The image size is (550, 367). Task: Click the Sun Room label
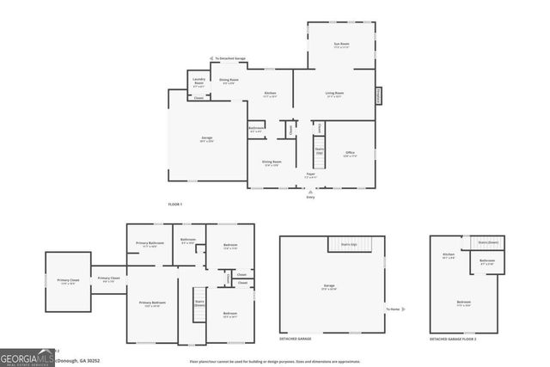(x=341, y=44)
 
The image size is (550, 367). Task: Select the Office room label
(x=350, y=154)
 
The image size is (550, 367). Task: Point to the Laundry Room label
(x=199, y=84)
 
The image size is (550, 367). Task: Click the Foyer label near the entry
(x=310, y=174)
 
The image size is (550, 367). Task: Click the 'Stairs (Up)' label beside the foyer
(x=319, y=151)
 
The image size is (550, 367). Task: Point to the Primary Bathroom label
(x=150, y=244)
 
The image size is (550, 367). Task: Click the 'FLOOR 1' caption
(x=175, y=204)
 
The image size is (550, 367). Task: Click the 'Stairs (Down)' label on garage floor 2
(x=488, y=242)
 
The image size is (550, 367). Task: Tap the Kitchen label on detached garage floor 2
(x=448, y=255)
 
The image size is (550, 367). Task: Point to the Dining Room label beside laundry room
(x=229, y=81)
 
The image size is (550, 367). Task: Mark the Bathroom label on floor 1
(x=256, y=129)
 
